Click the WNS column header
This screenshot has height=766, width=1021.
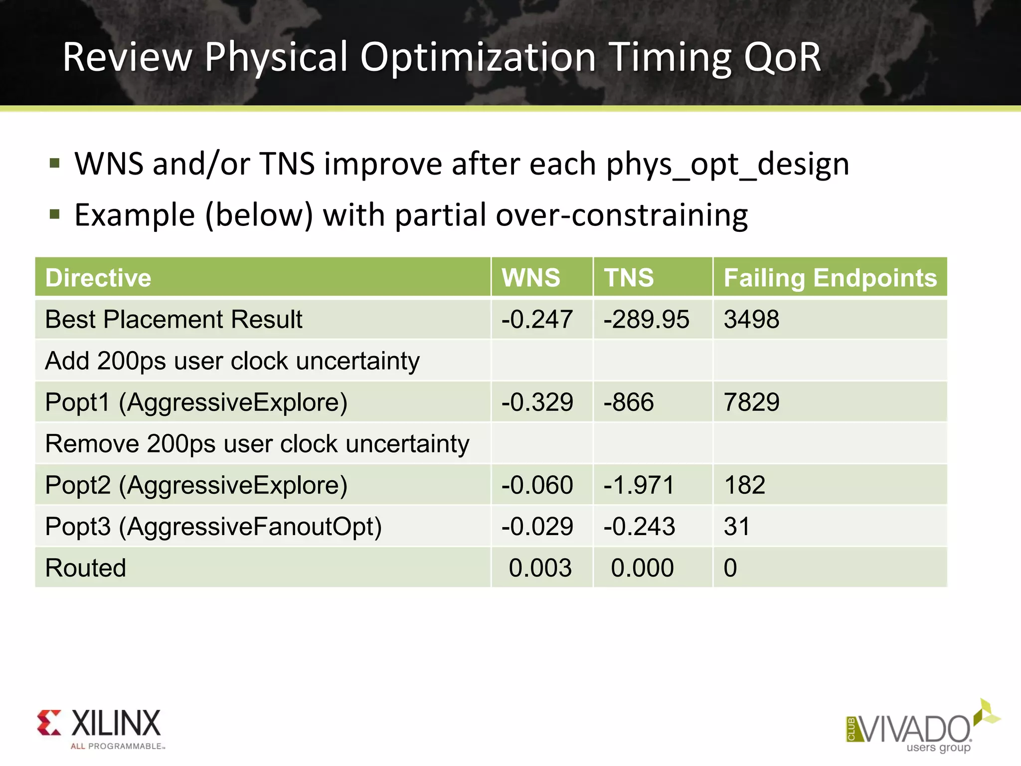pyautogui.click(x=531, y=278)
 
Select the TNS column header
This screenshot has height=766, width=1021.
pyautogui.click(x=629, y=278)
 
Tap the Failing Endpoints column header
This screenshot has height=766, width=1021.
pyautogui.click(x=830, y=278)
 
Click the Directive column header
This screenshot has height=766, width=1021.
pyautogui.click(x=98, y=278)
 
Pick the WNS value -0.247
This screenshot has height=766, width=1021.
pyautogui.click(x=537, y=319)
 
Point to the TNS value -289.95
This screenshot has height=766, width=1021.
pyautogui.click(x=646, y=319)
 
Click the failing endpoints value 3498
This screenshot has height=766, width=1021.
pyautogui.click(x=751, y=319)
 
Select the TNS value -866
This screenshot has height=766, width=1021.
pyautogui.click(x=629, y=402)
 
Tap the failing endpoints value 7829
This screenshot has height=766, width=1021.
pyautogui.click(x=751, y=402)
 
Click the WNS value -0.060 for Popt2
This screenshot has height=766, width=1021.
pyautogui.click(x=537, y=485)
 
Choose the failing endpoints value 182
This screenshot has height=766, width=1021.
pyautogui.click(x=744, y=485)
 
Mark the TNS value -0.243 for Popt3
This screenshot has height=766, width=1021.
pyautogui.click(x=639, y=527)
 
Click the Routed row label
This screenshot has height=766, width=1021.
pyautogui.click(x=86, y=568)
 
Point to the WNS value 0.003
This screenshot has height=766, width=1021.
pyautogui.click(x=540, y=568)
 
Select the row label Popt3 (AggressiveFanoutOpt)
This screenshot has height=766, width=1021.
pyautogui.click(x=213, y=527)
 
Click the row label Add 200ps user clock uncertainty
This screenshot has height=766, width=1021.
pyautogui.click(x=232, y=361)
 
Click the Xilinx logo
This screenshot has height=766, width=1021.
pyautogui.click(x=100, y=728)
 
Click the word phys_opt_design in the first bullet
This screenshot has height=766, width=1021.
pyautogui.click(x=727, y=165)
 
